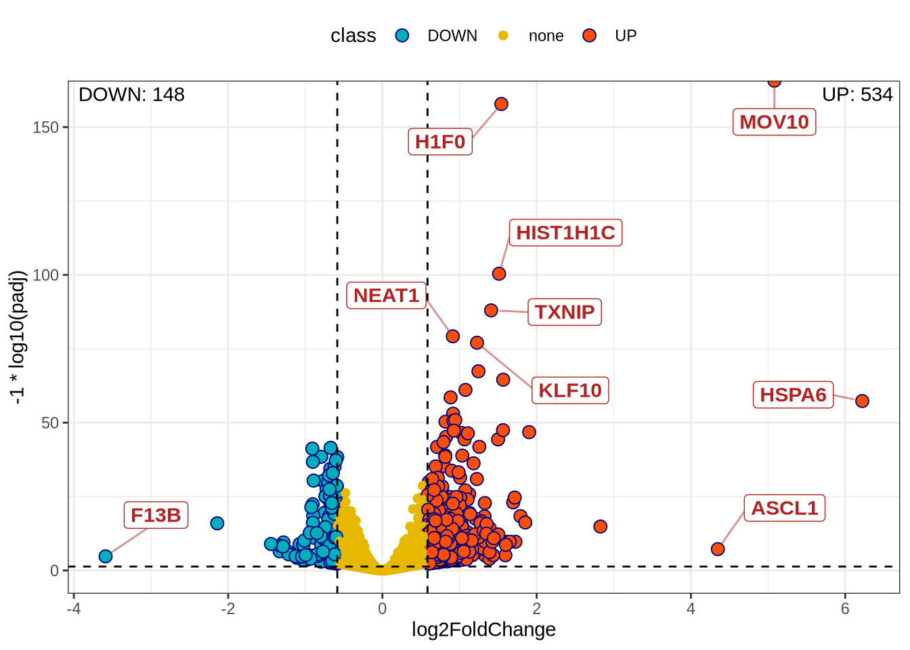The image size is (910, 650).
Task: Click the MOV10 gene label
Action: click(774, 122)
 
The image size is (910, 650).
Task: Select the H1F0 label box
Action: click(440, 142)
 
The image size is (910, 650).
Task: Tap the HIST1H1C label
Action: click(565, 233)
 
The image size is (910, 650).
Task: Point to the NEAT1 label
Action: click(386, 295)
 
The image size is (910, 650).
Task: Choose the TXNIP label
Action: click(565, 312)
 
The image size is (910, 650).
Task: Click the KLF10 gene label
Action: click(570, 391)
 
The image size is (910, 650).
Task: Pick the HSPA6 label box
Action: click(793, 395)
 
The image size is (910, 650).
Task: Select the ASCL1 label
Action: click(785, 508)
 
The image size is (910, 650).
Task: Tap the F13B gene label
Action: click(156, 515)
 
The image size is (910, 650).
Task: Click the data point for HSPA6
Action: click(862, 401)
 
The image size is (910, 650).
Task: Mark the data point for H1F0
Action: click(501, 104)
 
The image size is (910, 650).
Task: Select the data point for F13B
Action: click(106, 556)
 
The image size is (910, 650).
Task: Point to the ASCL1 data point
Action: click(718, 548)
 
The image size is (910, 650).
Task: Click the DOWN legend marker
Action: click(402, 36)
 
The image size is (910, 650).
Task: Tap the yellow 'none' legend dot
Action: click(503, 36)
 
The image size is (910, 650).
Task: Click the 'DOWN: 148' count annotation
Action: click(131, 95)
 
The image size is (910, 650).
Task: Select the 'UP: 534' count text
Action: click(857, 95)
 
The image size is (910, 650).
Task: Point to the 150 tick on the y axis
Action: click(50, 127)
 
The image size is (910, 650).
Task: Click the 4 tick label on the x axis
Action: click(691, 609)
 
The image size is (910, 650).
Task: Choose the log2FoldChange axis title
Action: click(483, 630)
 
